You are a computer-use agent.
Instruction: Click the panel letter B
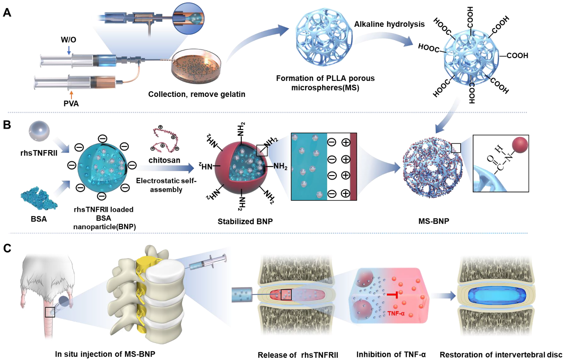tap(7, 123)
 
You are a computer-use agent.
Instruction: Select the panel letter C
tap(7, 248)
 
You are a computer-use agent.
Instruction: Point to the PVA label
tap(71, 102)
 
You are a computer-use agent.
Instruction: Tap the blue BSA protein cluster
tap(38, 197)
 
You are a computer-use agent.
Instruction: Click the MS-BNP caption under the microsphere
tap(428, 221)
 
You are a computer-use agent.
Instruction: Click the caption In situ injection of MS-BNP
tap(105, 354)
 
